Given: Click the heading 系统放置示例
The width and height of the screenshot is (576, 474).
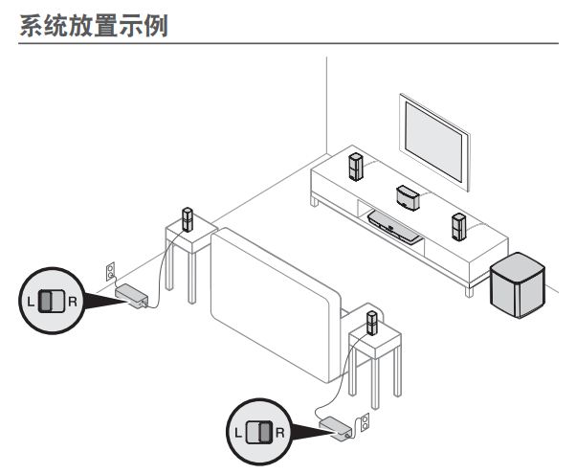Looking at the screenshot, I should click(x=94, y=27).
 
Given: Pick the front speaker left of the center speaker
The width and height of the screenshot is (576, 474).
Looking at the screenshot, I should click(x=355, y=168).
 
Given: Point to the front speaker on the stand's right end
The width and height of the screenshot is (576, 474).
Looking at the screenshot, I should click(x=458, y=227).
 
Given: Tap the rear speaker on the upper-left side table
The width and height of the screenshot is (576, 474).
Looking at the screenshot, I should click(x=188, y=219).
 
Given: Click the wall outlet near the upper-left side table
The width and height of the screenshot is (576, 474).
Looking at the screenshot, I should click(x=112, y=272).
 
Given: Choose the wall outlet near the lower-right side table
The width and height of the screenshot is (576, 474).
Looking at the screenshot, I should click(x=365, y=423).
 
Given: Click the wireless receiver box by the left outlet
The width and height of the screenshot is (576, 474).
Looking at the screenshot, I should click(x=131, y=296).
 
